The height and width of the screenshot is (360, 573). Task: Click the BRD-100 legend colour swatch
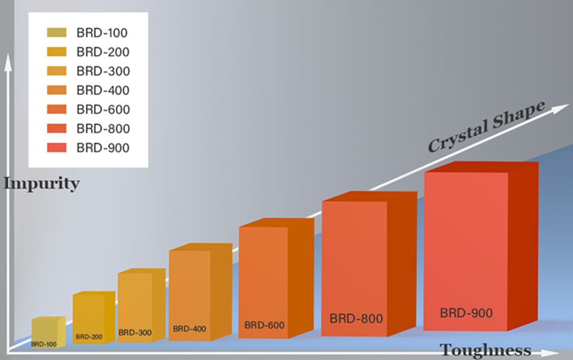pos(56,33)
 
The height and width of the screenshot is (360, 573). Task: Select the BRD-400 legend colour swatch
pos(56,91)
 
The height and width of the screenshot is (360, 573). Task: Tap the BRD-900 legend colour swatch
pos(56,148)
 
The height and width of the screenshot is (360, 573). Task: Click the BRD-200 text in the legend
pos(103,52)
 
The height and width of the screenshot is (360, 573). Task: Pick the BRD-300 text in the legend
pos(103,71)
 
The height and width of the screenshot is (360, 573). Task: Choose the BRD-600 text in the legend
pos(103,110)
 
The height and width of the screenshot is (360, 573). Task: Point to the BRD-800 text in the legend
pos(103,128)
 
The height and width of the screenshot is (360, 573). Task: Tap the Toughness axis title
pos(486,350)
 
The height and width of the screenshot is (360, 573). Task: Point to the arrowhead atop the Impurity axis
pos(8,60)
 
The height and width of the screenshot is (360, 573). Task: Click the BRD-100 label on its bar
pos(44,344)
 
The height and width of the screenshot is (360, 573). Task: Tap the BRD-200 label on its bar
pos(89,337)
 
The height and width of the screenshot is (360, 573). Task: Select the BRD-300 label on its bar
pos(134,332)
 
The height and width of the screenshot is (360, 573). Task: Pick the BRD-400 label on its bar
pos(190,329)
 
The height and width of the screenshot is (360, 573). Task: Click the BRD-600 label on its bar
pos(264,325)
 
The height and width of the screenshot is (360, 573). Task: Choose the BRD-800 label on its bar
pos(356,318)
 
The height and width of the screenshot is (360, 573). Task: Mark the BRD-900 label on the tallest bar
pos(466,313)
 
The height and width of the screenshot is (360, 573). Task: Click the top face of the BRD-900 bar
pos(480,167)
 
